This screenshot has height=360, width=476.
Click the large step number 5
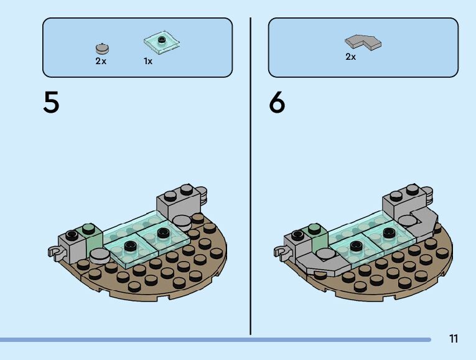52,102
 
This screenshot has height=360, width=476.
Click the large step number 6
277,102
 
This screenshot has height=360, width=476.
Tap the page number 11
453,339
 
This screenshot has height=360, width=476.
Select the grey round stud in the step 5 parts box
101,48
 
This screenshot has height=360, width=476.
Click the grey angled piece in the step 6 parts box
363,42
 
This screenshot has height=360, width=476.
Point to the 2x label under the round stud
101,61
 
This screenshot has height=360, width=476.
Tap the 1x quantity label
148,61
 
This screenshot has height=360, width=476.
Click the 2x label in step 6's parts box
350,57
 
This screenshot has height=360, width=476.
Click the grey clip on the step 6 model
281,252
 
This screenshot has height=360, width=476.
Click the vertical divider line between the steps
251,174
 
